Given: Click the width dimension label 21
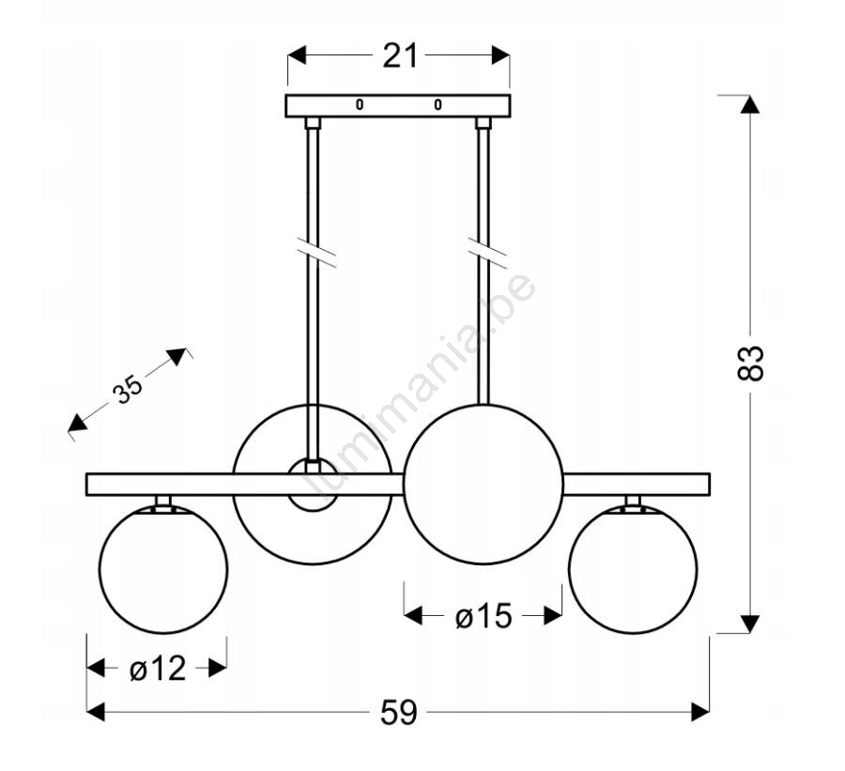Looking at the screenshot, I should tap(399, 56).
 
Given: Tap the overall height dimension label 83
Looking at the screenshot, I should tap(751, 363).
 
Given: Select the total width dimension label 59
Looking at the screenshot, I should tap(398, 714).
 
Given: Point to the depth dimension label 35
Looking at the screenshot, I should tap(128, 389).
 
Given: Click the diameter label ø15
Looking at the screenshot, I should tap(484, 616).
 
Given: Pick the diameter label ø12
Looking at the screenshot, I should tap(157, 669).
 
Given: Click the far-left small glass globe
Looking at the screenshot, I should tap(163, 568).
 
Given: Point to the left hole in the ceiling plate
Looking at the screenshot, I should tap(359, 105).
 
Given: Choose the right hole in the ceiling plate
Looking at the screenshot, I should tap(438, 105).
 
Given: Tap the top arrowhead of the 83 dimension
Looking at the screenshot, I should tap(749, 104).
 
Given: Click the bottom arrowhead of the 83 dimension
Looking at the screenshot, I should tap(749, 624).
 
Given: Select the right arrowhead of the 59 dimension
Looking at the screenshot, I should tap(700, 713).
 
